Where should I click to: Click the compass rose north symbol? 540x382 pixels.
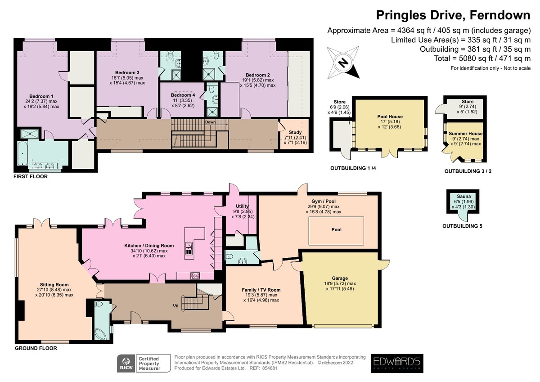pos(343,63)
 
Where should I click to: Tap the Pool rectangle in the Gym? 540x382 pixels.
pos(336,231)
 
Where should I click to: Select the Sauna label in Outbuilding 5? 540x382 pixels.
pos(463,197)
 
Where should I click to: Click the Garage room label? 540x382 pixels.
pos(340,278)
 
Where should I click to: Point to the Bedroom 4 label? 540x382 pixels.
pos(183,95)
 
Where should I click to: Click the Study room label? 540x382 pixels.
pos(295,132)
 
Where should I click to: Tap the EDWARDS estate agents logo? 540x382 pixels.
pos(397,363)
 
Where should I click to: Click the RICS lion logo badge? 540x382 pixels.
pos(126,363)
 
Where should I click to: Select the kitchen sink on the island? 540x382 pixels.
pos(188,248)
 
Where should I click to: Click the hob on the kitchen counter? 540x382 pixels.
pos(195,275)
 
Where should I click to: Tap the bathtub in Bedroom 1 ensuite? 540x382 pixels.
pos(22,153)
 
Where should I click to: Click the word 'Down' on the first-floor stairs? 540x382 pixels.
pos(210,122)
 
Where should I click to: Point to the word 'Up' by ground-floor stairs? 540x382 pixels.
pos(175,305)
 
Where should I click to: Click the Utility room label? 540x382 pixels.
pos(242,206)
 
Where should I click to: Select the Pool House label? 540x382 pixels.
pos(390,117)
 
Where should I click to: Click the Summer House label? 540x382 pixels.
pos(465,134)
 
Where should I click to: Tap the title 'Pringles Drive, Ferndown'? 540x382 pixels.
pos(453,15)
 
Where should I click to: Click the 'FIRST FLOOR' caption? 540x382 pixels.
pos(31,176)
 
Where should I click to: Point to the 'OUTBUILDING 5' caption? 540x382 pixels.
pos(462,226)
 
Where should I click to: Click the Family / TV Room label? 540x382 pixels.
pos(261,290)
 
